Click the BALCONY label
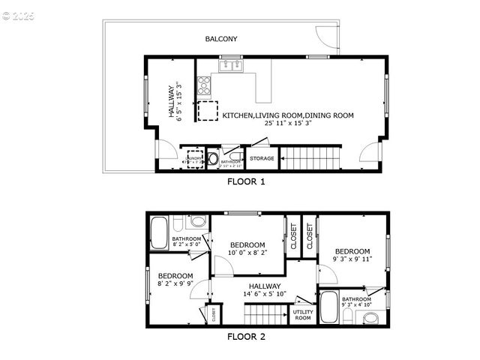221,39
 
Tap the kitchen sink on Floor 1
231,66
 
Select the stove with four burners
203,85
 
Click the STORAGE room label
262,158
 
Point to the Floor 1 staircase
310,158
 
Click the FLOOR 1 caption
246,181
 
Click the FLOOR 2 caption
246,337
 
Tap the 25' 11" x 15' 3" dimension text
288,123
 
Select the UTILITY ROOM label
303,315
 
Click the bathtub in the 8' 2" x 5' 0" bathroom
160,232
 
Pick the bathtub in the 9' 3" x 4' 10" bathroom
329,307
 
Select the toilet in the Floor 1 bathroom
212,159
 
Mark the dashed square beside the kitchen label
207,110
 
